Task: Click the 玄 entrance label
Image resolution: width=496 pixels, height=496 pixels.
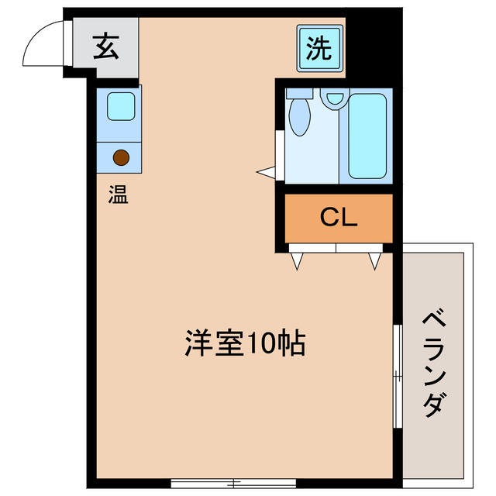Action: coord(106,47)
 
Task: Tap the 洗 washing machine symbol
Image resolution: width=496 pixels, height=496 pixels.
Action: coord(319,48)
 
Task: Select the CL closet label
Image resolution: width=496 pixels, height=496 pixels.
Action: coord(339,218)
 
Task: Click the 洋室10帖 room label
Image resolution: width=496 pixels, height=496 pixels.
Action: coord(244,342)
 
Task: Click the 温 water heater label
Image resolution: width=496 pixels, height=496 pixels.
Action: coord(118,194)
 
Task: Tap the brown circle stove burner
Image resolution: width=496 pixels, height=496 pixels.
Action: coord(120,157)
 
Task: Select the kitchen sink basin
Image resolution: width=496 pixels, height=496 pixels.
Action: coord(121,106)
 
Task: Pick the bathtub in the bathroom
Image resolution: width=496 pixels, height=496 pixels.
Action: coord(367,136)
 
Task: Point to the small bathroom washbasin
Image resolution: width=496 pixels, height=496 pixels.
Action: coord(335,98)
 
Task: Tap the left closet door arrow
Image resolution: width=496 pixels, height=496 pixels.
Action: coord(297,260)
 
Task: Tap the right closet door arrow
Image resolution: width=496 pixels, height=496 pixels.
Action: coord(375,260)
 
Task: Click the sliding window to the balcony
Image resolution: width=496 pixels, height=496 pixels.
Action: coord(397,376)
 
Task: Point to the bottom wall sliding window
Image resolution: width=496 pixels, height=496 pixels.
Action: coord(232,482)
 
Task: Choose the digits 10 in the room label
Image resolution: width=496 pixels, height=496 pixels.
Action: coord(260,342)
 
